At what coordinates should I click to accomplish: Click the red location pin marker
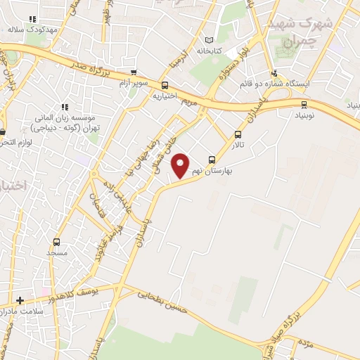[x=181, y=165]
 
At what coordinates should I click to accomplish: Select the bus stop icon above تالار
[x=238, y=135]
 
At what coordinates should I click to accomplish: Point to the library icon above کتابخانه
[x=207, y=40]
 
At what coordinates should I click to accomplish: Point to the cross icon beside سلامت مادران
[x=20, y=300]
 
